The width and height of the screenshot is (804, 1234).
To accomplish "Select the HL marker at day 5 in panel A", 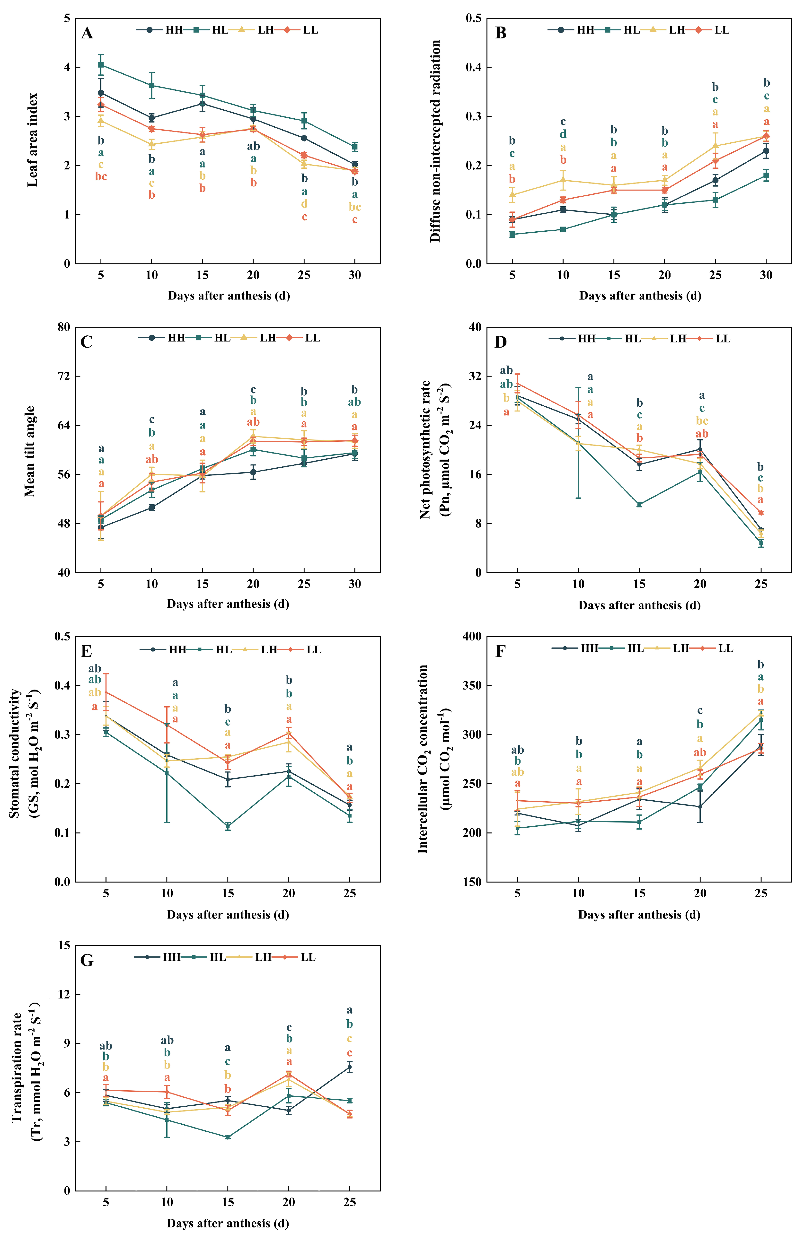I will coord(101,65).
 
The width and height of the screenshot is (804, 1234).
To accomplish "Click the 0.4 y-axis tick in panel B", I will coord(473,67).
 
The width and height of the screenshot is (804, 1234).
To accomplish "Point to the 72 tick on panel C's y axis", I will coord(64,376).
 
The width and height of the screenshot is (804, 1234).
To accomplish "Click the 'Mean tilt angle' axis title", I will coord(30,451).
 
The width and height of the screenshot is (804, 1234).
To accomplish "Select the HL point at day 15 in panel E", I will coord(228,826).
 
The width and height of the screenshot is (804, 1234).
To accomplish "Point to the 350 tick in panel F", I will coord(472,685).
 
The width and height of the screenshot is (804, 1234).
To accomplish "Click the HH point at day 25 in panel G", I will coord(350,1068).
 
